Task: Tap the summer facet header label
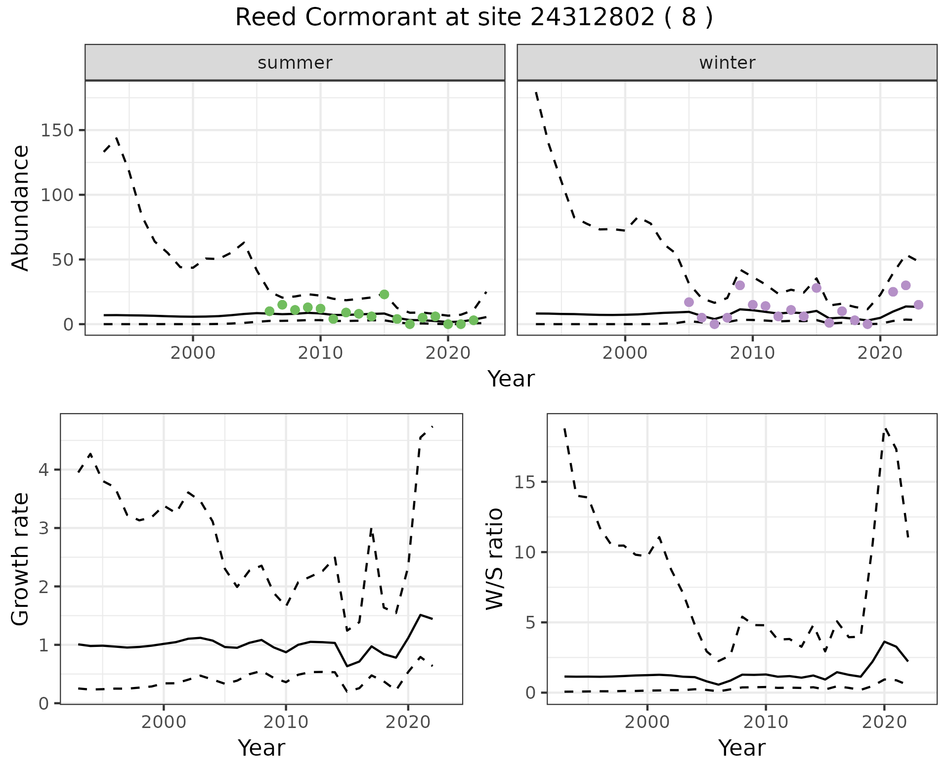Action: (x=295, y=63)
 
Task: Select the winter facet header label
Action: (x=727, y=63)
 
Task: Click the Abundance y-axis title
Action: (x=21, y=208)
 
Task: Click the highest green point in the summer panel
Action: (x=384, y=295)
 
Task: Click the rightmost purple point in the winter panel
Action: (x=918, y=305)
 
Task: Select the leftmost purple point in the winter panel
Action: (x=689, y=302)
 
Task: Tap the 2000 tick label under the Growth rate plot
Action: (x=164, y=722)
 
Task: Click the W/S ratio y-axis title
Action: (x=495, y=559)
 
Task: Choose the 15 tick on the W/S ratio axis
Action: (x=527, y=482)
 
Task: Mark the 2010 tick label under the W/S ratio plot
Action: (x=766, y=722)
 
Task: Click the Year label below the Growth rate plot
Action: (x=261, y=748)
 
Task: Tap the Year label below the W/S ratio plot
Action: (x=742, y=748)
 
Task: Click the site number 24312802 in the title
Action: (x=593, y=18)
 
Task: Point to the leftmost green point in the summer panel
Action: (x=269, y=311)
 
